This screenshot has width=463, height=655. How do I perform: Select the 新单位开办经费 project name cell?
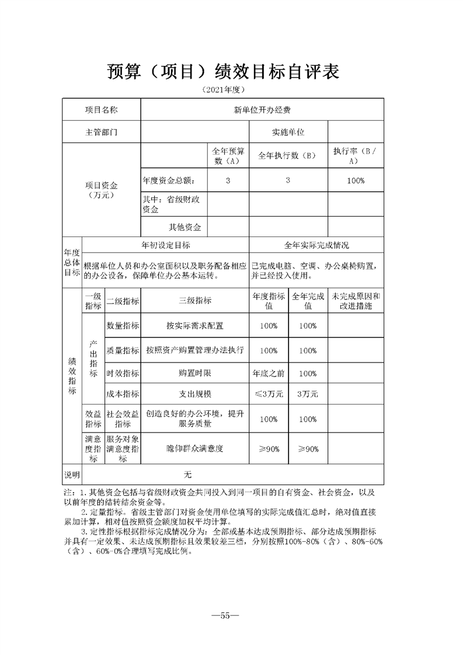point(262,109)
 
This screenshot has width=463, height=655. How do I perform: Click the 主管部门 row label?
point(102,132)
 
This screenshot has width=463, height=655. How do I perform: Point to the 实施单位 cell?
point(288,132)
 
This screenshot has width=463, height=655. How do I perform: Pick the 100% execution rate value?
point(356,180)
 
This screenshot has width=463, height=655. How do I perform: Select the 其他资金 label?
point(184,227)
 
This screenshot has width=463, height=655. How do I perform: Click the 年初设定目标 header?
point(166,246)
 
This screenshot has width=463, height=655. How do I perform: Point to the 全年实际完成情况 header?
point(316,246)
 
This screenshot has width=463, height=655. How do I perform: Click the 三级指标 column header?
point(195,301)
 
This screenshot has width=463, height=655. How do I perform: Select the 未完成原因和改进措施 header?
point(356,301)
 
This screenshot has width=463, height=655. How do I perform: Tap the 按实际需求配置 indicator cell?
point(195,326)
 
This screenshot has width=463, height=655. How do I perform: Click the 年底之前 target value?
point(268,373)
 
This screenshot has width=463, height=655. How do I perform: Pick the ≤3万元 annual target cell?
point(268,394)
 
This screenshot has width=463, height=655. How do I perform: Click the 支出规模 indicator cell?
point(195,394)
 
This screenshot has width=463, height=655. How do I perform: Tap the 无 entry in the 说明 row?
point(187,473)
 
